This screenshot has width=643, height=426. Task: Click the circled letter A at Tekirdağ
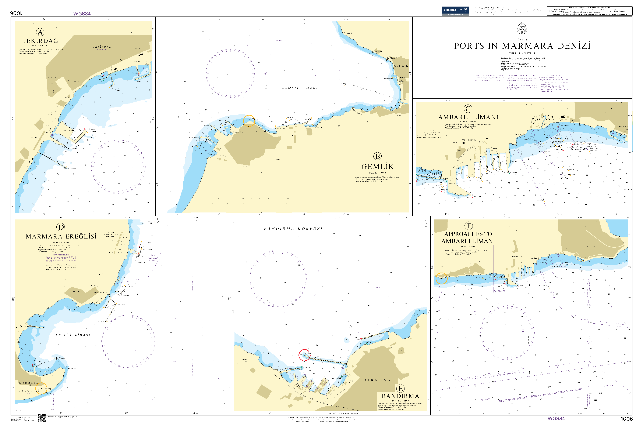tap(40, 32)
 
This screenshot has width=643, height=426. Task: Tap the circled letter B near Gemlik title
tap(377, 156)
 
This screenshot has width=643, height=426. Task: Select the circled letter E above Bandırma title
tap(400, 389)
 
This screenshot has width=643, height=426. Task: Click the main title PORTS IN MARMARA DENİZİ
tap(522, 46)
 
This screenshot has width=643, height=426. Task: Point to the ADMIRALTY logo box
tap(455, 11)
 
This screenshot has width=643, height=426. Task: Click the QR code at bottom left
tap(41, 418)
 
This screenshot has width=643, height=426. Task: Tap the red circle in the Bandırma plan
tap(304, 355)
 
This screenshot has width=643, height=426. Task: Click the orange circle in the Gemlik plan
tap(249, 121)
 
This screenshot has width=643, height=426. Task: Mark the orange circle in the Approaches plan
tap(441, 278)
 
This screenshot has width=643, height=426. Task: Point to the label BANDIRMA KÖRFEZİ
tap(293, 229)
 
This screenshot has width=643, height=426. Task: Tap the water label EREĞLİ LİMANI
tap(73, 335)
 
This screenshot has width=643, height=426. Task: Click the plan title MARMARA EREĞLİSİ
tap(61, 237)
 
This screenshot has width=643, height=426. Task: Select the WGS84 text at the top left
tap(82, 14)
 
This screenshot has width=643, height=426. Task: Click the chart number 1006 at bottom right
tap(626, 419)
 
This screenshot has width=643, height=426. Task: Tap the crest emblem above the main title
tap(522, 28)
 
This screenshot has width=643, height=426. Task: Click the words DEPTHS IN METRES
tap(522, 54)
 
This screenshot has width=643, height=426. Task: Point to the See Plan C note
tap(499, 291)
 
